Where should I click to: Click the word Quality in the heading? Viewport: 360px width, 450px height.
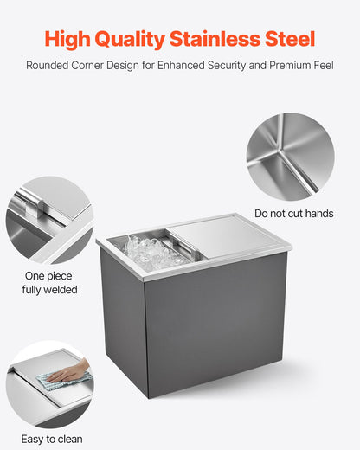pos(137,39)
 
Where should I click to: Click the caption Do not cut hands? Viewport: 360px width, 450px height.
pos(293,214)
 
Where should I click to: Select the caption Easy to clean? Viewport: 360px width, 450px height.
pos(52,440)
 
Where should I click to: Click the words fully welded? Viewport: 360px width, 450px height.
pos(49,290)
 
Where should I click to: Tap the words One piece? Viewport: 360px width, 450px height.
pos(48,276)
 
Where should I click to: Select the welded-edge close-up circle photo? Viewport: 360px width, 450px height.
pos(49,220)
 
